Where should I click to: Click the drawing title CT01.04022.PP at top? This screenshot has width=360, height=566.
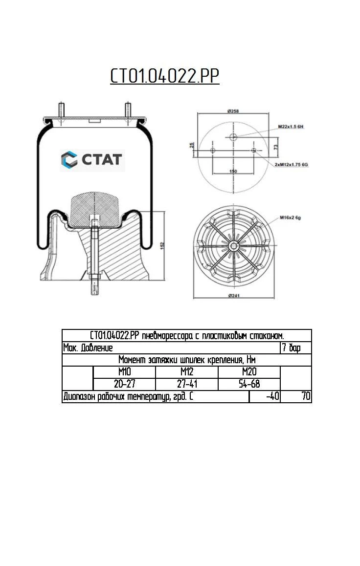pyautogui.click(x=164, y=77)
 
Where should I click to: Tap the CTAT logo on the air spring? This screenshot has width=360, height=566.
pyautogui.click(x=92, y=160)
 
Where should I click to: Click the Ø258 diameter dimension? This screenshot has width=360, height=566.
pyautogui.click(x=233, y=111)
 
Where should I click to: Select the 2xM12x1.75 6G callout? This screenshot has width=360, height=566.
pyautogui.click(x=291, y=165)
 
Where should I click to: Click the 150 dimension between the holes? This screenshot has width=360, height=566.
pyautogui.click(x=233, y=172)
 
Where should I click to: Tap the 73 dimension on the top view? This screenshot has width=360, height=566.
pyautogui.click(x=276, y=147)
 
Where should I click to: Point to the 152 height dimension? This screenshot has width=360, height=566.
pyautogui.click(x=162, y=244)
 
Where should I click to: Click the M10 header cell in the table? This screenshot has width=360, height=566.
pyautogui.click(x=124, y=372)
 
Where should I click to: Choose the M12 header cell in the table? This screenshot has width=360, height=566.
pyautogui.click(x=186, y=372)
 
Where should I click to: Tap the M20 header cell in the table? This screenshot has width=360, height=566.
pyautogui.click(x=249, y=372)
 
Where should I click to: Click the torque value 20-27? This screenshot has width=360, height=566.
pyautogui.click(x=124, y=384)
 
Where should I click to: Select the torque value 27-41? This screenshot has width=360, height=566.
pyautogui.click(x=186, y=384)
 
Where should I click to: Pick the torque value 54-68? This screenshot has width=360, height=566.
pyautogui.click(x=249, y=384)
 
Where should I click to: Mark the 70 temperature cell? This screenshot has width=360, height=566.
pyautogui.click(x=306, y=396)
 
